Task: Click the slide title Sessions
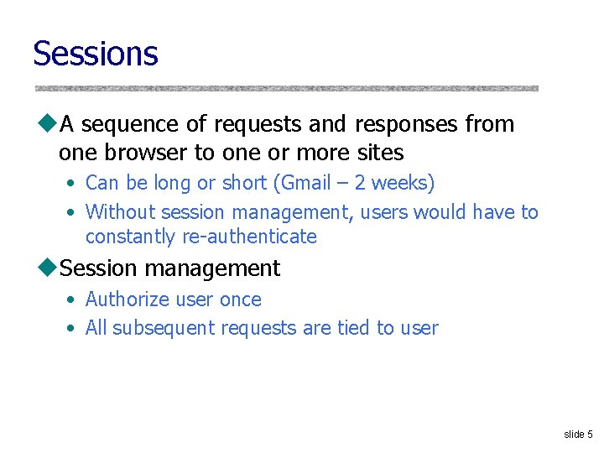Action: click(95, 53)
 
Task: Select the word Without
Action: click(120, 212)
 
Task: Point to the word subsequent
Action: click(164, 328)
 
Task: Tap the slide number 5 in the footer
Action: click(590, 434)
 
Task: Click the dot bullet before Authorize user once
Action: click(73, 300)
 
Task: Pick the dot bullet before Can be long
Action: click(73, 184)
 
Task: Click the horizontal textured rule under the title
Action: click(286, 87)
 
